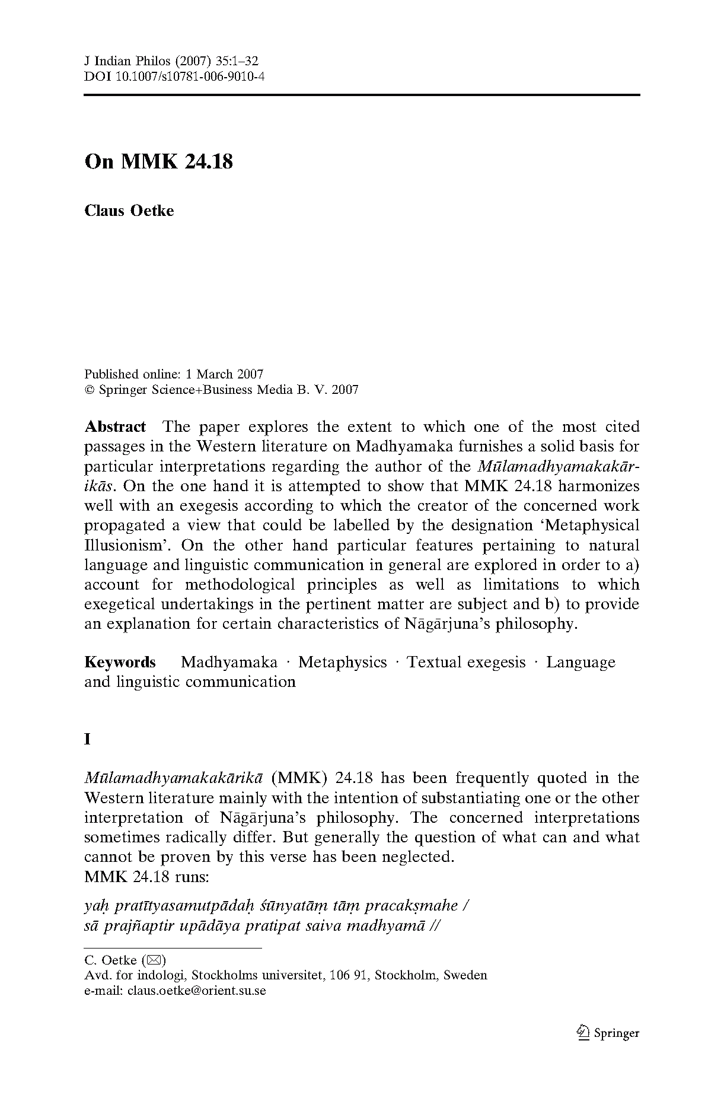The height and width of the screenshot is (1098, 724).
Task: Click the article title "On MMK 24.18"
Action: (158, 161)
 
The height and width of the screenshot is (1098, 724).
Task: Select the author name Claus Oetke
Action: (129, 211)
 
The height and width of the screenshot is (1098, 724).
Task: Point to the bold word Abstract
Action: (115, 427)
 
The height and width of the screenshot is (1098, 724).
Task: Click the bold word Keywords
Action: (120, 662)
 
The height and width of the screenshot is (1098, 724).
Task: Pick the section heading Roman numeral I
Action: (88, 739)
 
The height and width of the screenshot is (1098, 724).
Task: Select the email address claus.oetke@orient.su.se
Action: (196, 991)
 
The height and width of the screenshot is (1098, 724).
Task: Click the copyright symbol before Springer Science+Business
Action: (90, 390)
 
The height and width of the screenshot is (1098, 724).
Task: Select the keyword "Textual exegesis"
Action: (466, 662)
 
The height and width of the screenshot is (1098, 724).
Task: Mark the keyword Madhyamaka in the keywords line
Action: (229, 662)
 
